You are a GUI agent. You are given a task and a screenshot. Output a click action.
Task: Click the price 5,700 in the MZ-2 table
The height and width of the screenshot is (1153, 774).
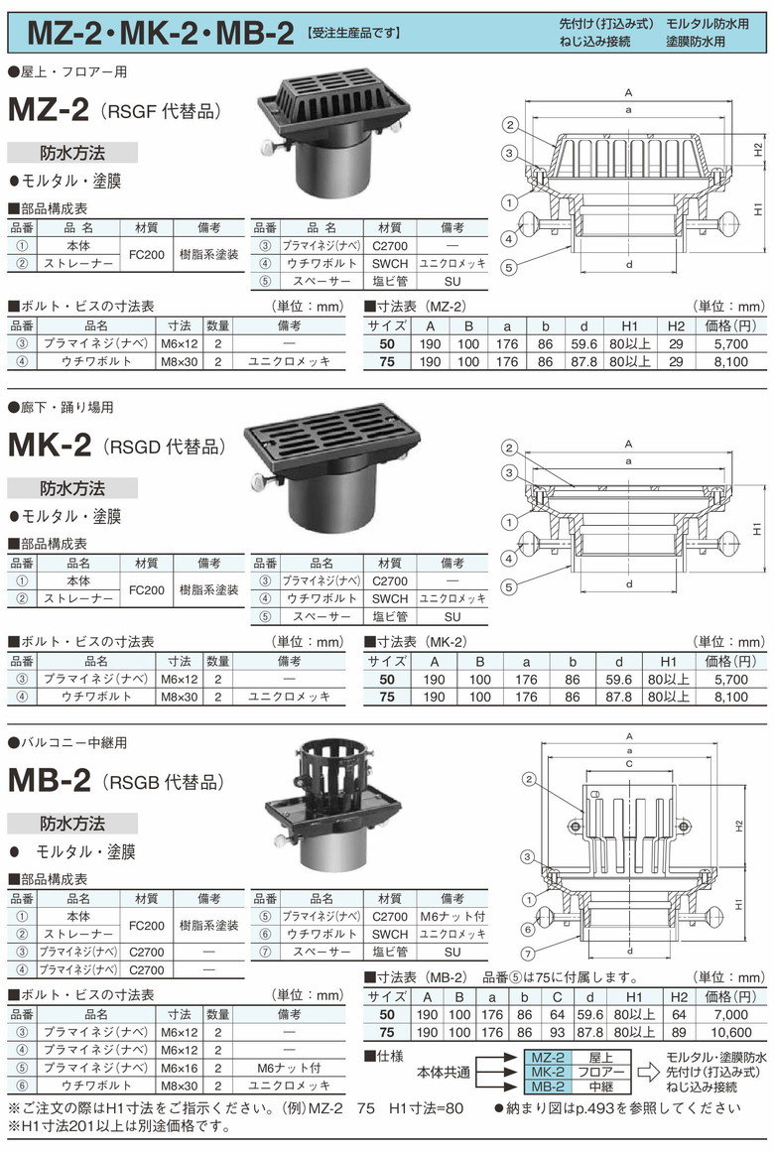pyautogui.click(x=730, y=343)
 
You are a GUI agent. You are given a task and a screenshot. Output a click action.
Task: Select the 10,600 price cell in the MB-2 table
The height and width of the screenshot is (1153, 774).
pyautogui.click(x=730, y=1032)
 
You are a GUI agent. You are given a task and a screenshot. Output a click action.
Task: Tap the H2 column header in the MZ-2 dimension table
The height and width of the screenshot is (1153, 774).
pyautogui.click(x=676, y=325)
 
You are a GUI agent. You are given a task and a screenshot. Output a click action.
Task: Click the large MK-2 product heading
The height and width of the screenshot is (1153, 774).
pyautogui.click(x=50, y=445)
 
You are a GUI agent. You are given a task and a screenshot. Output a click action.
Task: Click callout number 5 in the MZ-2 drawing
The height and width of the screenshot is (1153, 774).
pyautogui.click(x=509, y=268)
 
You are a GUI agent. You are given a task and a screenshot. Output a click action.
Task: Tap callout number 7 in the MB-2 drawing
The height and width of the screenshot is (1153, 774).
pyautogui.click(x=528, y=954)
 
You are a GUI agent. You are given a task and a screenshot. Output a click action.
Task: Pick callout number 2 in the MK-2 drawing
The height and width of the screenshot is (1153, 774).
pyautogui.click(x=509, y=448)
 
